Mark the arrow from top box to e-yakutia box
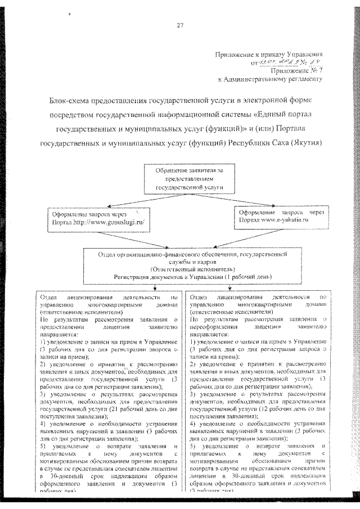247,200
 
